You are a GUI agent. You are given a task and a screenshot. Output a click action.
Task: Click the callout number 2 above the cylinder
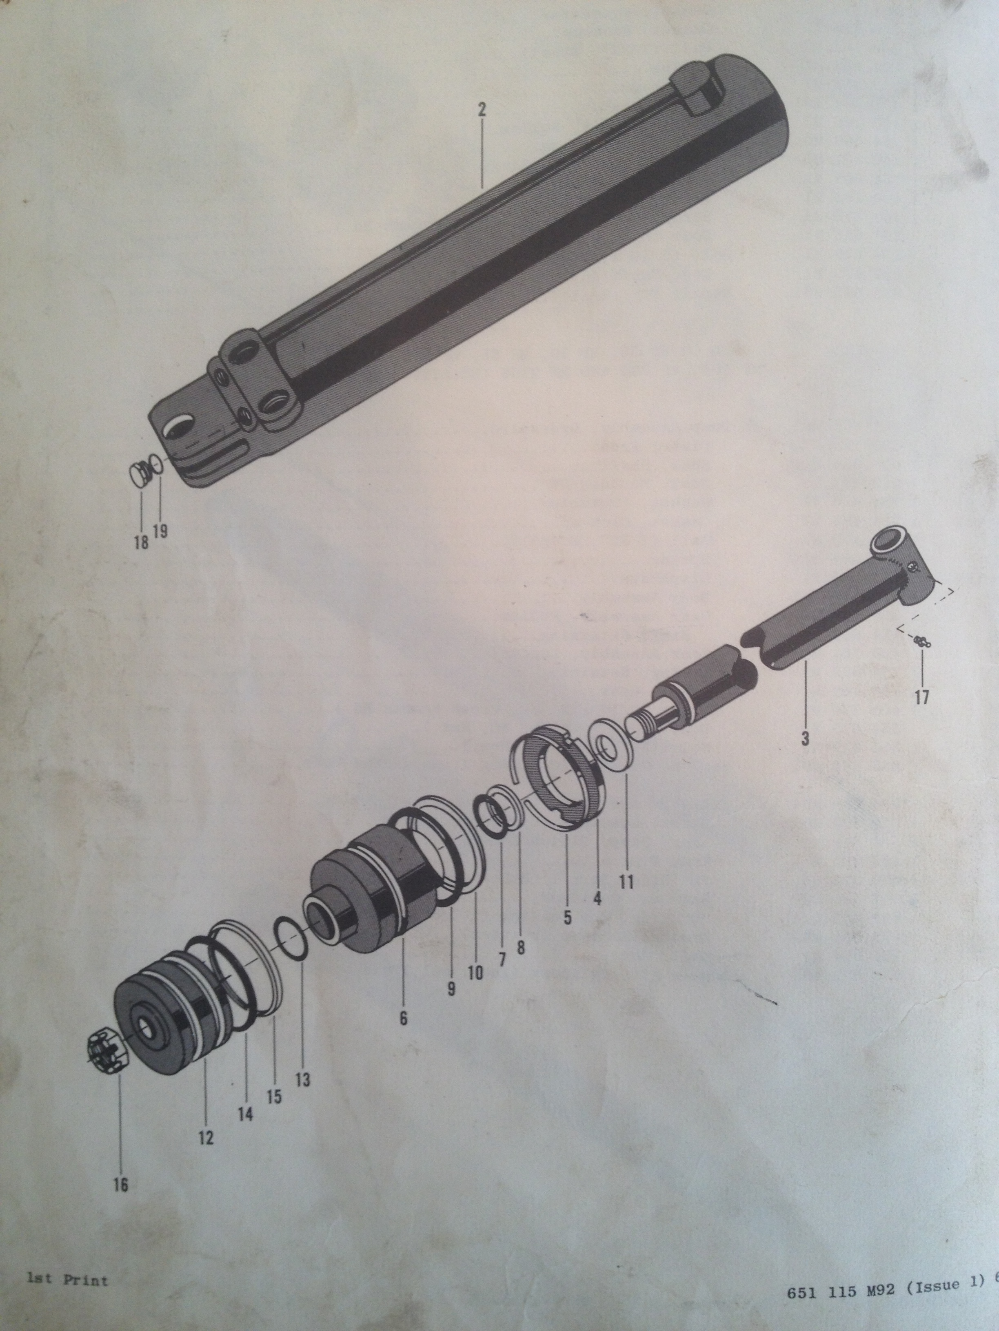pos(481,110)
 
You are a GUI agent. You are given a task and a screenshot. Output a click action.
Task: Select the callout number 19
pos(160,531)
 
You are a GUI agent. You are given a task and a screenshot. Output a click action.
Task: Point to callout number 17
pos(922,697)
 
